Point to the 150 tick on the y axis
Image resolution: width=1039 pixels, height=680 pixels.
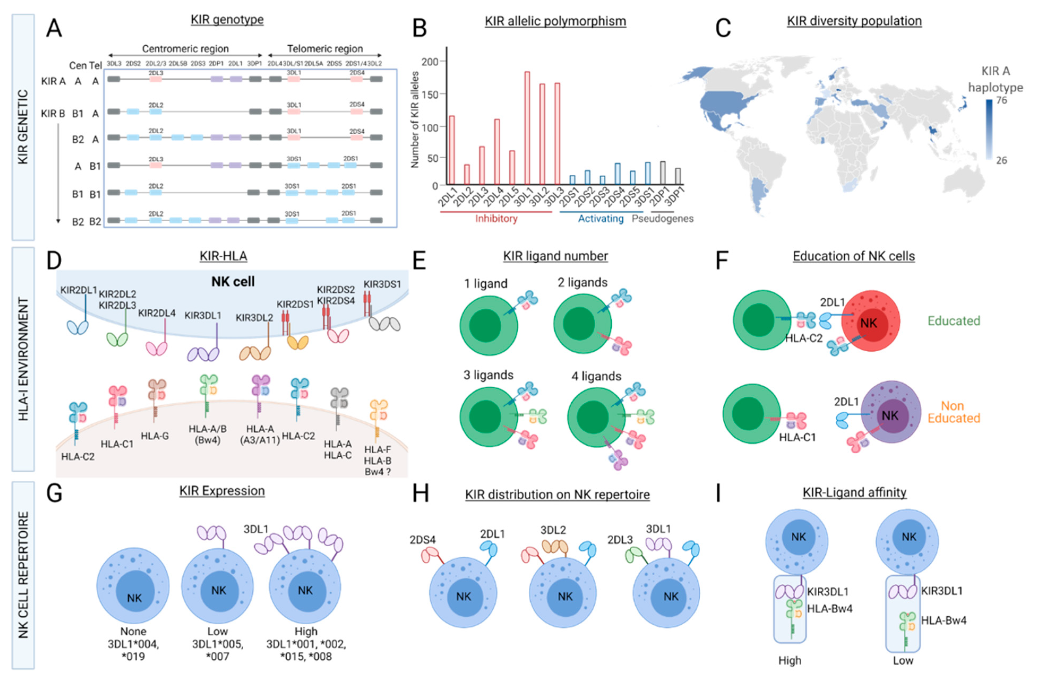point(430,94)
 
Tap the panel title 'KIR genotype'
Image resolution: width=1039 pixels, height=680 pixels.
point(227,20)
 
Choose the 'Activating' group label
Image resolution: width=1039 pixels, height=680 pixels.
point(601,218)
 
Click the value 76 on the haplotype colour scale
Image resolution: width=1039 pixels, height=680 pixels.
point(1002,100)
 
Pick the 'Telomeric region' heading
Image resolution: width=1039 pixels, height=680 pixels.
point(325,49)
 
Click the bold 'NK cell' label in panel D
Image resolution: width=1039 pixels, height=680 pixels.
point(233,282)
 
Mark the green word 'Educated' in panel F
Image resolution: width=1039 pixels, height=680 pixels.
point(954,321)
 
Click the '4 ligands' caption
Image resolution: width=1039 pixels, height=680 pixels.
point(596,376)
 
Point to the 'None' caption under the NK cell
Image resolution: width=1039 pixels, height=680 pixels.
point(133,631)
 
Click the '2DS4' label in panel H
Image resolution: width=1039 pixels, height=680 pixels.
point(422,540)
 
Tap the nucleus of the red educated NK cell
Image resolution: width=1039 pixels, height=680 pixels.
point(868,324)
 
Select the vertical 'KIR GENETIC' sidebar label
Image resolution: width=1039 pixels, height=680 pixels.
point(23,127)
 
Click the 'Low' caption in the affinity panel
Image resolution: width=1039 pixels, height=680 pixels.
point(903,660)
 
